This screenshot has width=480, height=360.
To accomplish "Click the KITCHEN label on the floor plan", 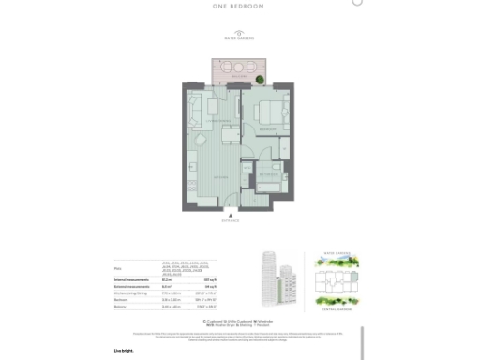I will click(218, 175).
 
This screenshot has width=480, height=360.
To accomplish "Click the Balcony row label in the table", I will click(121, 307).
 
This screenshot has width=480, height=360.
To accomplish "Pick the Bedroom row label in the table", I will click(122, 300).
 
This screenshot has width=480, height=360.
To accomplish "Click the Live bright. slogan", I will click(124, 350).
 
